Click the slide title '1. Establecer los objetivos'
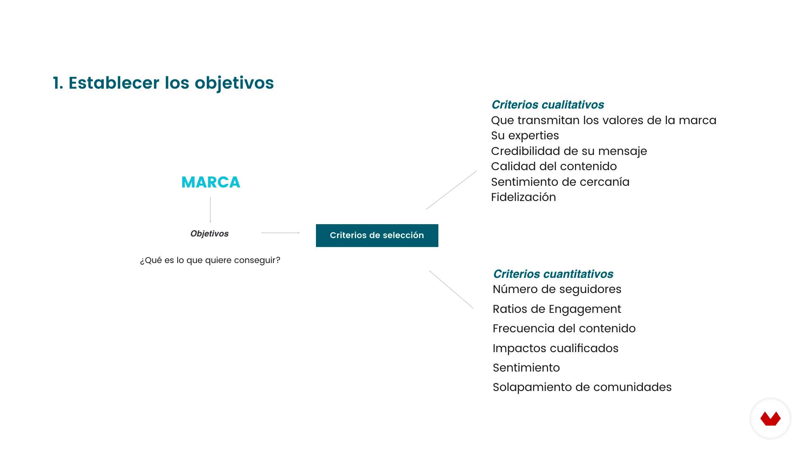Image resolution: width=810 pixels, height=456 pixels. point(163,83)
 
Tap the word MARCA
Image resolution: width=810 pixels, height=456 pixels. point(211,182)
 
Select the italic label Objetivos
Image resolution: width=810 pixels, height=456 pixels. point(209,233)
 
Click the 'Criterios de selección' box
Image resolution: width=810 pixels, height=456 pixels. point(377,236)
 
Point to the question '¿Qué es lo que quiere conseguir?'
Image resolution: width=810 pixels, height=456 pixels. point(210,260)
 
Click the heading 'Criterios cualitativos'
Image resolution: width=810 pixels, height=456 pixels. point(548,105)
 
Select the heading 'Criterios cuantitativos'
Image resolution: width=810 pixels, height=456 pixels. point(553,274)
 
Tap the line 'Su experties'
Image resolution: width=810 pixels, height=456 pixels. point(525,136)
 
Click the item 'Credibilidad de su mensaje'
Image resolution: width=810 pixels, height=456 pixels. point(569,151)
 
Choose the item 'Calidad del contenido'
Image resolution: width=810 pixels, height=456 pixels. point(554,166)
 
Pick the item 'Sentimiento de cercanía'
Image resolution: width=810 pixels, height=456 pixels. point(560,182)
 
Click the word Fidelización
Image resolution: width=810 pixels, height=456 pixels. point(524,197)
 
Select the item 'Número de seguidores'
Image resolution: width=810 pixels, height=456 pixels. point(557,289)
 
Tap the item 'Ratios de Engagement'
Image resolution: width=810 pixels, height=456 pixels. point(557,309)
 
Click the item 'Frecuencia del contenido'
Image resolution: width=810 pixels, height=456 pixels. point(564,328)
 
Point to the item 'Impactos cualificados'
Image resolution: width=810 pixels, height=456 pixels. point(556,348)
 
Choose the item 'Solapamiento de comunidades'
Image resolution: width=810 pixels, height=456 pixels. point(582,387)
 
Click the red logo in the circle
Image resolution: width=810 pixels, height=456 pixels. point(770,418)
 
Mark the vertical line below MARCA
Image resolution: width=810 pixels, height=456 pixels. point(210,209)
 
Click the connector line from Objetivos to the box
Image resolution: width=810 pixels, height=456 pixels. point(280,233)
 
